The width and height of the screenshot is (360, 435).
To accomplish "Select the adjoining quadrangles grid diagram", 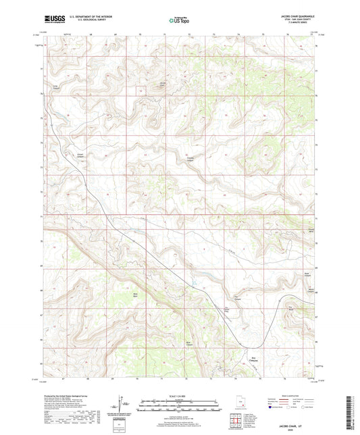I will pyautogui.click(x=235, y=422).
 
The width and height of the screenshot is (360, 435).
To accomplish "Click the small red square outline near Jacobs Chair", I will pyautogui.click(x=140, y=90).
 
